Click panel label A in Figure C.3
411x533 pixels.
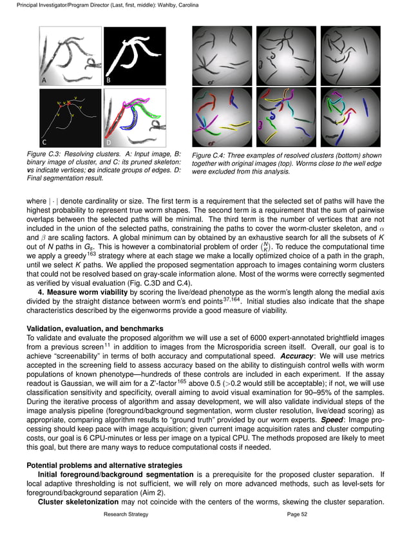click(44, 81)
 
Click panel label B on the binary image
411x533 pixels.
click(108, 81)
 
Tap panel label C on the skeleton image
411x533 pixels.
click(44, 141)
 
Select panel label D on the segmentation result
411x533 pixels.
click(108, 141)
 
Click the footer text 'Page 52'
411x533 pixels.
click(298, 514)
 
